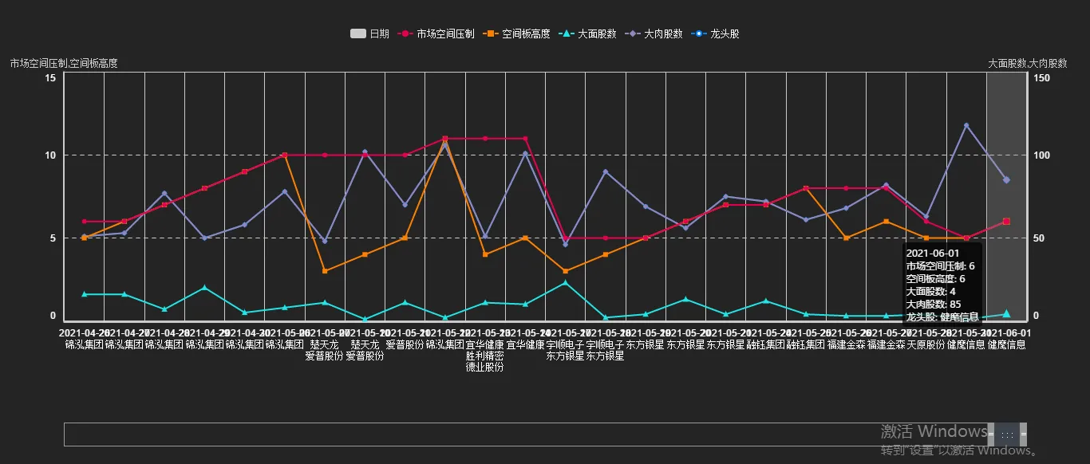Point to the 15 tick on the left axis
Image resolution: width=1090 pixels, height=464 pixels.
49,77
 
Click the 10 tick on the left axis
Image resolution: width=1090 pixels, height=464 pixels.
49,155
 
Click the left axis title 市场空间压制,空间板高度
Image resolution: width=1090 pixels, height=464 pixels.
64,63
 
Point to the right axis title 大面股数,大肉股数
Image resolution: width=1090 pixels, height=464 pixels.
1027,63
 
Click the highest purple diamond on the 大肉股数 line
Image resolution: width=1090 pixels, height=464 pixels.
966,125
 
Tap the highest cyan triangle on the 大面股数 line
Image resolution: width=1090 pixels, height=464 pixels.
565,282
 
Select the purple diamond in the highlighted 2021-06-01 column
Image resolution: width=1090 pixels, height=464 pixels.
1006,180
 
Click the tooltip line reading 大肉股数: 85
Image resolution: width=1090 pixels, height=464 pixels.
933,304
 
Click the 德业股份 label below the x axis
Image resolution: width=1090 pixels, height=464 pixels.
484,368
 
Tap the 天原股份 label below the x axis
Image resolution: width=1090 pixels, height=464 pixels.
926,345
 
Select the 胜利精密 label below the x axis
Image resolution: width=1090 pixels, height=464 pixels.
484,356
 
